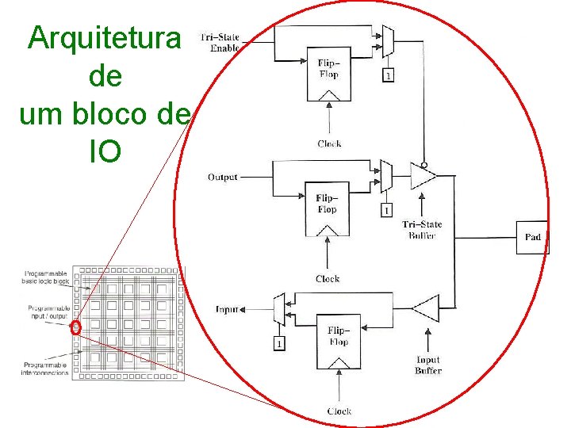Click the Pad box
click(x=532, y=237)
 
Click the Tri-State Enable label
click(x=220, y=43)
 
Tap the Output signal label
click(x=222, y=177)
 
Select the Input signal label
click(x=227, y=309)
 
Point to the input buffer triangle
click(x=426, y=308)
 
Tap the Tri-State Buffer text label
click(x=423, y=230)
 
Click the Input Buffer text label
click(x=428, y=365)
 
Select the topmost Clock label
click(x=329, y=143)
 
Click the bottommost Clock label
click(x=339, y=411)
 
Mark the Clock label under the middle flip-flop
click(x=328, y=278)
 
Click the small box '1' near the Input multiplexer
click(x=278, y=343)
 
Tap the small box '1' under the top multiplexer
click(x=387, y=76)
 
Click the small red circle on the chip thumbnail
click(x=76, y=327)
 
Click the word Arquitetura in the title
click(x=104, y=37)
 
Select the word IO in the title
click(x=105, y=151)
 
